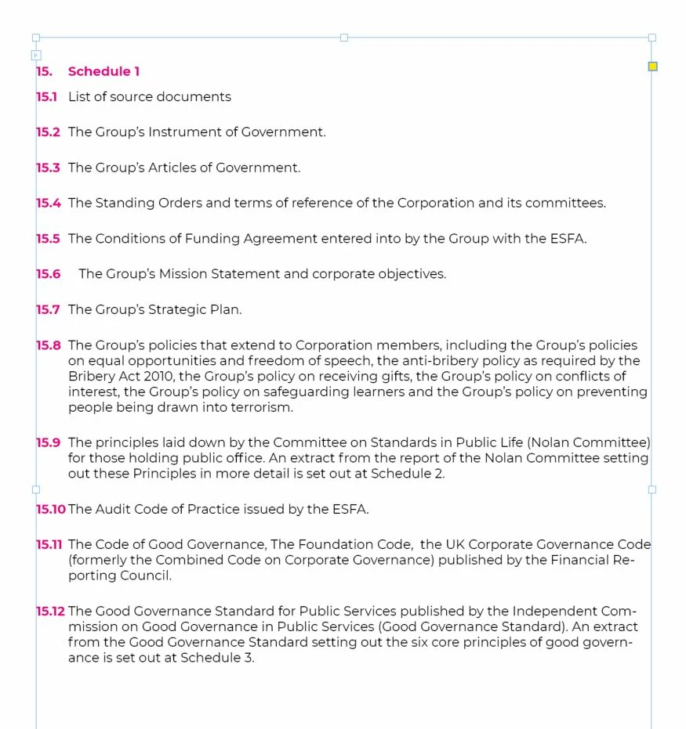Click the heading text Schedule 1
click(103, 71)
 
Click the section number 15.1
click(46, 97)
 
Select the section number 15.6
click(48, 274)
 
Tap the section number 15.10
click(51, 509)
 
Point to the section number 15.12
click(51, 612)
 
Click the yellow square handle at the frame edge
click(652, 67)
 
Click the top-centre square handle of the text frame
click(343, 38)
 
